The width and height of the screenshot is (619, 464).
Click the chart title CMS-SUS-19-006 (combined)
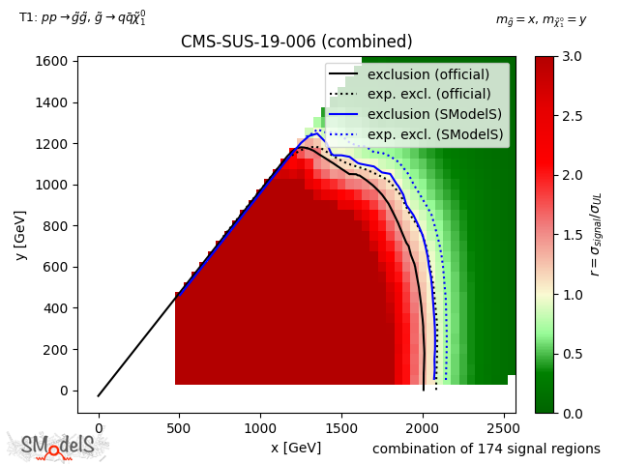(x=296, y=43)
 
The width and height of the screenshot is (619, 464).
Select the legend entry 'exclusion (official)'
(x=428, y=74)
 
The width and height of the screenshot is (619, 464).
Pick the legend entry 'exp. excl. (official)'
(x=428, y=95)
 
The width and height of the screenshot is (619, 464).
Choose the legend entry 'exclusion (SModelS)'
(x=428, y=115)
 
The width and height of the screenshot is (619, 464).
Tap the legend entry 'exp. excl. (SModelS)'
(x=428, y=135)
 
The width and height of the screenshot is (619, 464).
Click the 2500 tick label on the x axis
(x=504, y=428)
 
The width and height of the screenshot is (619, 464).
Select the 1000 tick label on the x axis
(x=260, y=428)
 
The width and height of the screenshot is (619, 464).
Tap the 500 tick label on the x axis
(x=179, y=428)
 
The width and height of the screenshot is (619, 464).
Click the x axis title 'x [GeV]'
(x=296, y=448)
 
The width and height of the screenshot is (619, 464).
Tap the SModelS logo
(x=58, y=445)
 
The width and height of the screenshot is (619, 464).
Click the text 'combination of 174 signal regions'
(x=486, y=449)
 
